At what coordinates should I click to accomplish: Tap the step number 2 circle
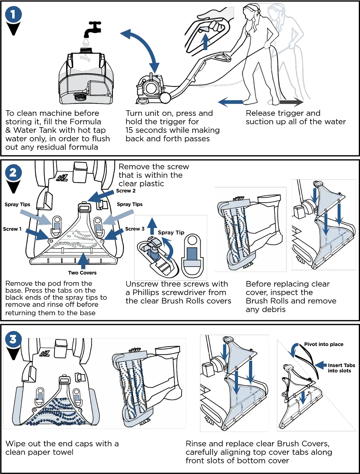13,172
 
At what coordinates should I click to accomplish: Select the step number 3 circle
13,339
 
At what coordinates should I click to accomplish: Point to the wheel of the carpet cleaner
165,98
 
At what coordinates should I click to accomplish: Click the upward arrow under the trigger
205,41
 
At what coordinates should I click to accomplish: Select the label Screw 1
12,229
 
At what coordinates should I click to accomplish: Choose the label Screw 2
126,191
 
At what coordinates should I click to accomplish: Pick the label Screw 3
135,229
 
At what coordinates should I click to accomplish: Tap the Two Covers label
82,273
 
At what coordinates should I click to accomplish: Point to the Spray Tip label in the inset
171,232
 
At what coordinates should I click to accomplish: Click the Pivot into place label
324,344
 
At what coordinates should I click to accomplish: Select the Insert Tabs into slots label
341,368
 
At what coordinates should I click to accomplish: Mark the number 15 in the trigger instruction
129,130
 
